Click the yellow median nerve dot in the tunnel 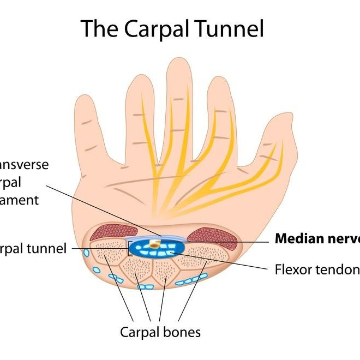155,247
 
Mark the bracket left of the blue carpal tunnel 129,249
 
